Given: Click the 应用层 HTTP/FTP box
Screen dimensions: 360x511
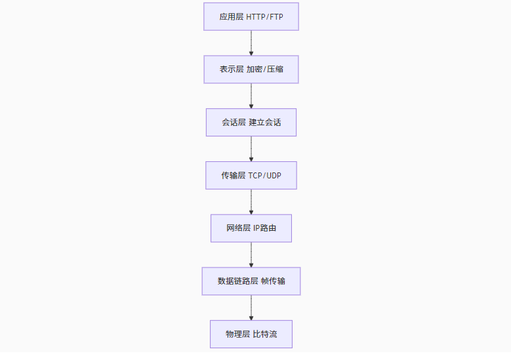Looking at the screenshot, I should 251,16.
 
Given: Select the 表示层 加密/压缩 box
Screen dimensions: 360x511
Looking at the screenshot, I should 251,69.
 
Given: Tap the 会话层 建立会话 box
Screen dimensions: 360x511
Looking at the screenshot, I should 251,122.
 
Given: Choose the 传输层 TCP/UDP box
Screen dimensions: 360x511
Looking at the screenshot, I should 251,175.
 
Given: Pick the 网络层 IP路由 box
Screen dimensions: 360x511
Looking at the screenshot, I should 251,228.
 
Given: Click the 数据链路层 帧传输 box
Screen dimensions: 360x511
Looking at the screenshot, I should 251,281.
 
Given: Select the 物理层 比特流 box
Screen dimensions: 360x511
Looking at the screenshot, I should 251,334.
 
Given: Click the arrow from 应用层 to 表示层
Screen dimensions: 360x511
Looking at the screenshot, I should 251,43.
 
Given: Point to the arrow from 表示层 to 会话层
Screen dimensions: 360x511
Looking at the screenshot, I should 251,96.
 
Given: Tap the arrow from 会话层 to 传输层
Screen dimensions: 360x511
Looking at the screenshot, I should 251,149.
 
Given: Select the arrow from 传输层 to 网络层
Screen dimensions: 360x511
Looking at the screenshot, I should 251,201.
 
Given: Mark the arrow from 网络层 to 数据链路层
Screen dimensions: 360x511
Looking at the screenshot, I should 251,254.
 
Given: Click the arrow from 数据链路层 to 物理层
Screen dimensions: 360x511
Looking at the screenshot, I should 251,308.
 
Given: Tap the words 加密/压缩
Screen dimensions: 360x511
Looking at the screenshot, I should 265,69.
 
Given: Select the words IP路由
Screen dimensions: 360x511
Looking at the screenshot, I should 264,228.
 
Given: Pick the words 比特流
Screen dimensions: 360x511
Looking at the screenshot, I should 264,334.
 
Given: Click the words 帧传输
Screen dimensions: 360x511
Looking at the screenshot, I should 272,281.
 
